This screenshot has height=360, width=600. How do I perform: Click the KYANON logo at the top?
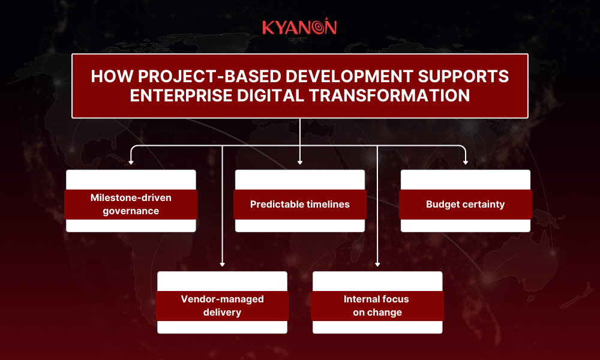[299, 27]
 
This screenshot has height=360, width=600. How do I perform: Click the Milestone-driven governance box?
[131, 204]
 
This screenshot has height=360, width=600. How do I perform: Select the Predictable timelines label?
[299, 204]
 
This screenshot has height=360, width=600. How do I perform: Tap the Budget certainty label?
[465, 204]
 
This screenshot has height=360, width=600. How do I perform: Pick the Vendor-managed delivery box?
[222, 305]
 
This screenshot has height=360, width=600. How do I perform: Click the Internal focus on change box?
[377, 305]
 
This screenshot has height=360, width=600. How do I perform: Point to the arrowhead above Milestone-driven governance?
[131, 161]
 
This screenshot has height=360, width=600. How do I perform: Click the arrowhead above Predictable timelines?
[299, 161]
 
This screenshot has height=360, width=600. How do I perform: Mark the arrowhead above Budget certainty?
[466, 161]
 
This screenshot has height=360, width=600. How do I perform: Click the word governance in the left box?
[131, 211]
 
